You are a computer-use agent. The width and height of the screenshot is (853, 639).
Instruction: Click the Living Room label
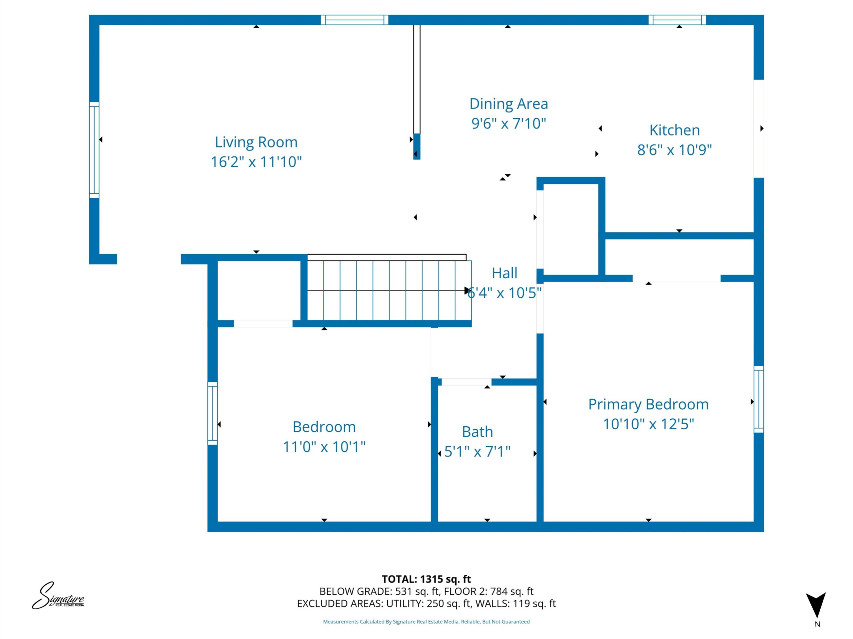point(256,142)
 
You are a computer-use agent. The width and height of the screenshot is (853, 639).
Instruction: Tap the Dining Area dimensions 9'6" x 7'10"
point(509,124)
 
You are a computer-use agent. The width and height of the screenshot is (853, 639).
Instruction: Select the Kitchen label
point(674,130)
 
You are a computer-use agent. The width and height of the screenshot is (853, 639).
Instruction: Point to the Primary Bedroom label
point(648,404)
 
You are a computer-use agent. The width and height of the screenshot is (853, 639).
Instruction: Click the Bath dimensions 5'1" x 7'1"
point(477,451)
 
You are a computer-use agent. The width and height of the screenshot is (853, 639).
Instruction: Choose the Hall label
point(504,273)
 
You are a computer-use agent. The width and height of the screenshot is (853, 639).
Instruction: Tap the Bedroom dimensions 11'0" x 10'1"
point(324,447)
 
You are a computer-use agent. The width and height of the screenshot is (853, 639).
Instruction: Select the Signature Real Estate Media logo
point(58,596)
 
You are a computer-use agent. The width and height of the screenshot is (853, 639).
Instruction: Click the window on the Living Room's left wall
point(94,150)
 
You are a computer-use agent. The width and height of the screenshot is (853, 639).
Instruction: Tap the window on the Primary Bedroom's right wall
point(758,399)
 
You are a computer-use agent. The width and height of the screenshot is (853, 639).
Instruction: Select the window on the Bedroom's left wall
point(213,413)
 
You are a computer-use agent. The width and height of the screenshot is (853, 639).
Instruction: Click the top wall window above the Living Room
point(355,20)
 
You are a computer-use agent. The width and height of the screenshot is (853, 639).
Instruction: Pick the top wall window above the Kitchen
point(677,20)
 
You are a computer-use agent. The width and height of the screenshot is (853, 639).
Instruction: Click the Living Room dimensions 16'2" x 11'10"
point(256,162)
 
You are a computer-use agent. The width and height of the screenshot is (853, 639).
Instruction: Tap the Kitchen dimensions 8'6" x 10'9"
point(674,150)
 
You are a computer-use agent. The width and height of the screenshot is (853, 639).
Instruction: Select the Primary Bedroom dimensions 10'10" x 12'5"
point(648,424)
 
